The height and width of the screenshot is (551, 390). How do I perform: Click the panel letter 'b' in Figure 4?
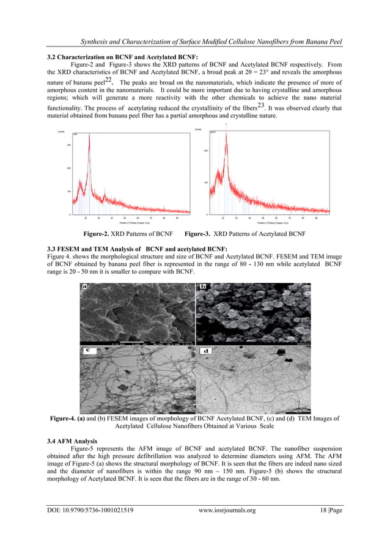click(x=203, y=286)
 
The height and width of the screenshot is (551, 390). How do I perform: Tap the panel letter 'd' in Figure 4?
click(x=205, y=351)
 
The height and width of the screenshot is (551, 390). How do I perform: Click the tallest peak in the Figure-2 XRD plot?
click(x=89, y=136)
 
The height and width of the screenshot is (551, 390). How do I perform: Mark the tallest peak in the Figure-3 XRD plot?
click(x=226, y=127)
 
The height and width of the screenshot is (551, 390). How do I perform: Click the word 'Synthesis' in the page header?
click(x=87, y=42)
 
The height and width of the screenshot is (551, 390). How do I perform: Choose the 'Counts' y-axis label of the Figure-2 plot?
click(x=61, y=131)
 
